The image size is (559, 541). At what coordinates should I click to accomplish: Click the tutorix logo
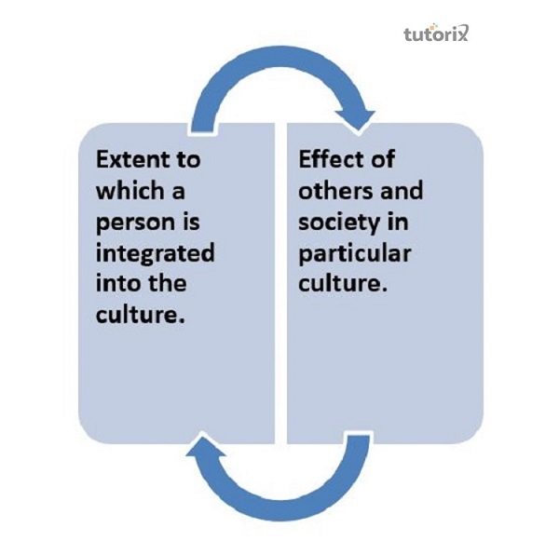436,34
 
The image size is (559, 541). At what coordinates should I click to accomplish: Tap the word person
135,223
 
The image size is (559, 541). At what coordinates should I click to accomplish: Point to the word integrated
156,254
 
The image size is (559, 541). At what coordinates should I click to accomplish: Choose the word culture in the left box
141,315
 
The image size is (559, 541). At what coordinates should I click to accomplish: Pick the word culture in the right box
343,283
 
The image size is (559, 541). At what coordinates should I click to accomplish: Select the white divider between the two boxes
281,283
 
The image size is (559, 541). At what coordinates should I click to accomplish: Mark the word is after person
191,222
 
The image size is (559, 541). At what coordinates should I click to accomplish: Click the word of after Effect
383,159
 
